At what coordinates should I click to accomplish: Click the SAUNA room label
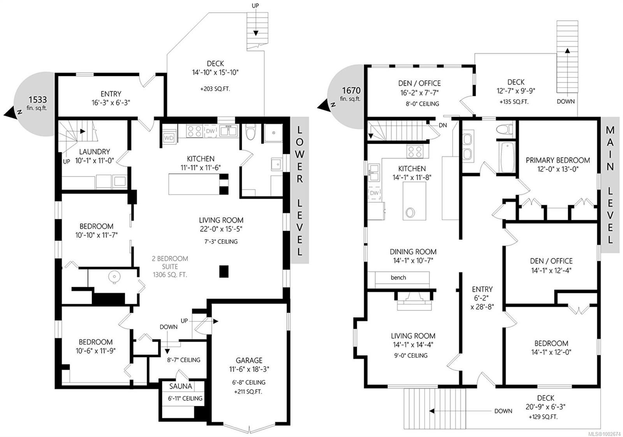point(181,386)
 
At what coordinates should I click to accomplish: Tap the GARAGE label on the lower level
point(249,360)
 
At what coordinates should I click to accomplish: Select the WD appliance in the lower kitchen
point(169,138)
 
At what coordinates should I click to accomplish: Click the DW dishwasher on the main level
point(374,193)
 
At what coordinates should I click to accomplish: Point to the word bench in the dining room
point(398,277)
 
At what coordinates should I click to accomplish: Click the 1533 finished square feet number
point(37,100)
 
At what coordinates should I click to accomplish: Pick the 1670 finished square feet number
point(351,90)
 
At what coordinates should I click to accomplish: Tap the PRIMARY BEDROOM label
point(558,160)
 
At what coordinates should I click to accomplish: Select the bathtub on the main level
point(507,157)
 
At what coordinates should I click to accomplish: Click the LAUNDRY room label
point(95,152)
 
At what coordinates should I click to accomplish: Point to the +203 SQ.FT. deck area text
point(215,89)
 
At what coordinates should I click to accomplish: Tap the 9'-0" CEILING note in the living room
point(410,356)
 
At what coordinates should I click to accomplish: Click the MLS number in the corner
point(604,433)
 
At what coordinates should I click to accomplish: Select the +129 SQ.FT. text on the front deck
point(543,417)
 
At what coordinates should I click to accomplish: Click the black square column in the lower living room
point(224,271)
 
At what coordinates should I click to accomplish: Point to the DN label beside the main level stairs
point(443,125)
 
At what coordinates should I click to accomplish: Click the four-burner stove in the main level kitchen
point(415,152)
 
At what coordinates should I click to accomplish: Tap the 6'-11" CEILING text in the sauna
point(185,398)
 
